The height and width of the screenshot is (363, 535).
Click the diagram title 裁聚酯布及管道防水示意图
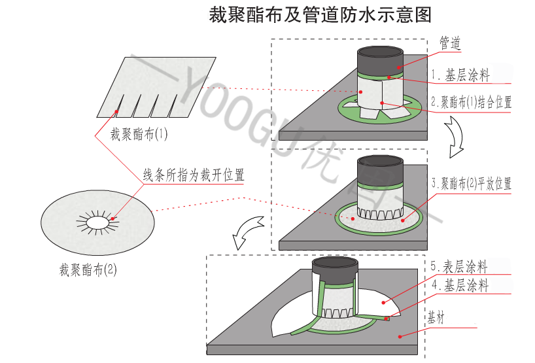click(320, 15)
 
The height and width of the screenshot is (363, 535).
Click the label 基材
click(436, 319)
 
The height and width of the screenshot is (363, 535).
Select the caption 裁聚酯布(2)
click(88, 268)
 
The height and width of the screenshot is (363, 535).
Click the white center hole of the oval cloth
click(98, 223)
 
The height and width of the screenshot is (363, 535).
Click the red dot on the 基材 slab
click(399, 335)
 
